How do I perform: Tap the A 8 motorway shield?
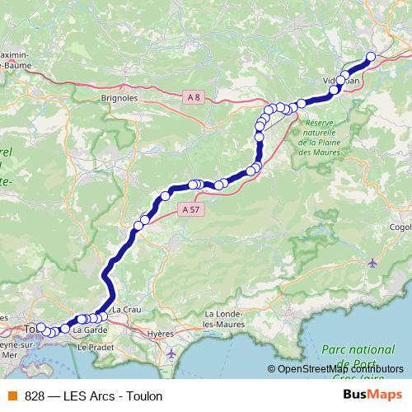(x=194, y=97)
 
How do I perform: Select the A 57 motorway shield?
(x=190, y=210)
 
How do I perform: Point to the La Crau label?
(x=126, y=309)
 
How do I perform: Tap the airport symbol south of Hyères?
(x=171, y=353)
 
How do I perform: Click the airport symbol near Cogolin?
(x=373, y=263)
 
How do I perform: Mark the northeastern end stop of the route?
(x=370, y=56)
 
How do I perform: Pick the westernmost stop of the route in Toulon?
(x=40, y=327)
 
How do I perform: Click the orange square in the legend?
(x=13, y=396)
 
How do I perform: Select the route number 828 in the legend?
(x=35, y=396)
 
